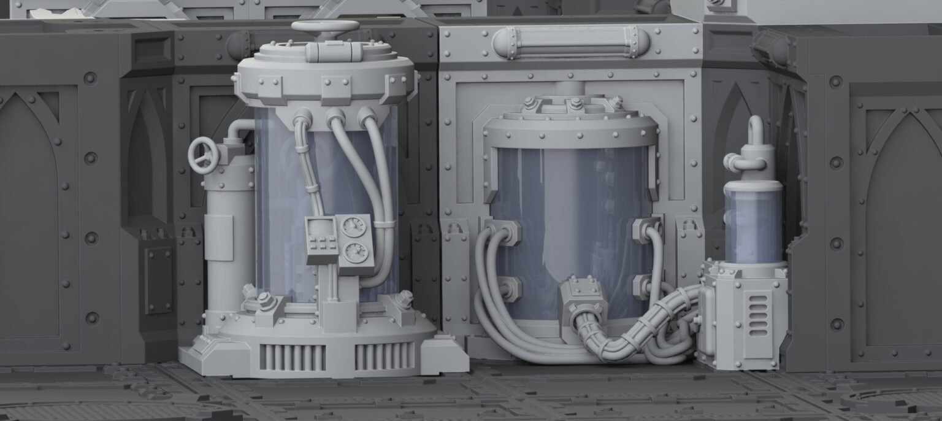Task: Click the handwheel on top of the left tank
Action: (x=325, y=27)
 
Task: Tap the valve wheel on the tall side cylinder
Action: (x=204, y=155)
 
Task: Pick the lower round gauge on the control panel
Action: (x=354, y=250)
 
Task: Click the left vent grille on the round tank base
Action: (x=293, y=356)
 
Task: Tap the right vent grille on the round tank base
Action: (x=385, y=355)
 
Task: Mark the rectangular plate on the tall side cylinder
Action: (x=219, y=238)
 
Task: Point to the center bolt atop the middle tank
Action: (x=575, y=102)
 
